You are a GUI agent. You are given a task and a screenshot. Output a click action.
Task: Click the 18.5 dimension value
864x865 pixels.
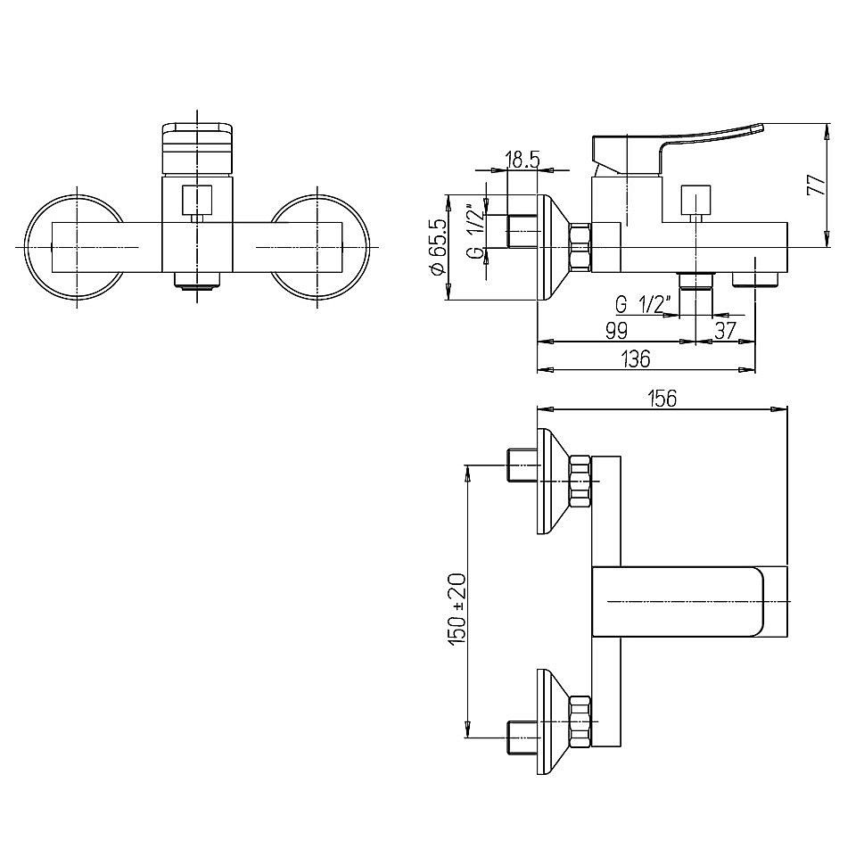pos(522,161)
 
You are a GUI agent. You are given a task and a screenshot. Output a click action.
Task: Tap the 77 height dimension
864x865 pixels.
pos(816,185)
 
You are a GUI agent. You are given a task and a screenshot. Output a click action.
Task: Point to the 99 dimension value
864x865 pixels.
pos(616,331)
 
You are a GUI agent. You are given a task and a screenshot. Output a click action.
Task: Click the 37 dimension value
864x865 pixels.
pos(726,331)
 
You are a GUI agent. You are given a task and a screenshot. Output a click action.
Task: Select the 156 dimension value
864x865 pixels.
pos(662,399)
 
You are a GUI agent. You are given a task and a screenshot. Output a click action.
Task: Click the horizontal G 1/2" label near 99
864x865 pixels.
pos(643,304)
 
